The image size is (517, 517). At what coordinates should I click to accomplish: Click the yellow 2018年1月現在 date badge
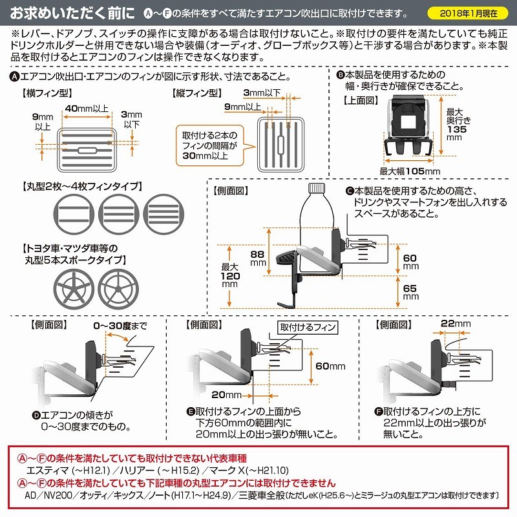(x=467, y=13)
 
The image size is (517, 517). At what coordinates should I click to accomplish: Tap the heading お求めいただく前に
(x=72, y=13)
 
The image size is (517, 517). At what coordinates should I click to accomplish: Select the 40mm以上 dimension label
(x=87, y=109)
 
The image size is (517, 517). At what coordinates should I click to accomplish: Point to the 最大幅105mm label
(x=410, y=171)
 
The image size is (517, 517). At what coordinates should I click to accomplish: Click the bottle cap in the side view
(x=317, y=188)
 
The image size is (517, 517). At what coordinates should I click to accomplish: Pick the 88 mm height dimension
(x=258, y=258)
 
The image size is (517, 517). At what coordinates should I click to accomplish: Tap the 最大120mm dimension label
(x=230, y=275)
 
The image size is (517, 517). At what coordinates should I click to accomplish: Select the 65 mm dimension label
(x=410, y=292)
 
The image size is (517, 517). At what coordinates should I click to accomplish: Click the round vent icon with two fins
(x=74, y=215)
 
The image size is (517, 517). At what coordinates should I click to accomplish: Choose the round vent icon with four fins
(x=164, y=215)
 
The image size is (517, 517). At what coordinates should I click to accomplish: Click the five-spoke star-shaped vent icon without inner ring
(x=74, y=289)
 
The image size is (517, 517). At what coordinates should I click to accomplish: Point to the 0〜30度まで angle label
(x=120, y=326)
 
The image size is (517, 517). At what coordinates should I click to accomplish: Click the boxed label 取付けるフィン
(x=308, y=327)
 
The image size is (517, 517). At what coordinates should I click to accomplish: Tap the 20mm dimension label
(x=227, y=395)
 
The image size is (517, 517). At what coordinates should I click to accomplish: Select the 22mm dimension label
(x=456, y=324)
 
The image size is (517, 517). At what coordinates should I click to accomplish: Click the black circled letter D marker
(x=36, y=415)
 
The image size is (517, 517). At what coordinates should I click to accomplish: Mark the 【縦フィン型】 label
(x=197, y=93)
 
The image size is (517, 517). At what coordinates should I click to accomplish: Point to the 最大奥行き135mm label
(x=458, y=125)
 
